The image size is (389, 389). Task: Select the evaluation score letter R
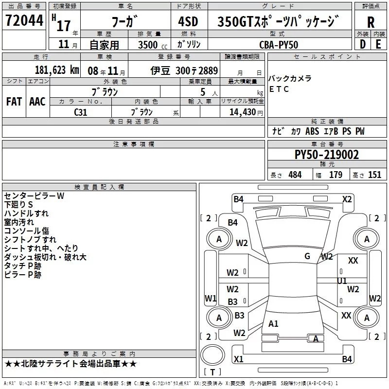[371, 22]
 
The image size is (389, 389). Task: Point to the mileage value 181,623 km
[57, 70]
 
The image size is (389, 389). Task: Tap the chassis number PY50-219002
[327, 155]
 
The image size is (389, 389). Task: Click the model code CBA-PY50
[279, 45]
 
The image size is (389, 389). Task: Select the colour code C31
[81, 111]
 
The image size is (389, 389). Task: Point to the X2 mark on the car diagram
[347, 199]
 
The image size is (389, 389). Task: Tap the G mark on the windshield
[307, 256]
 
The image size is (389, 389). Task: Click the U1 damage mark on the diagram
[342, 281]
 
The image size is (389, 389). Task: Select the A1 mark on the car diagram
[273, 323]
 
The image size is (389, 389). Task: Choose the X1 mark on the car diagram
[238, 359]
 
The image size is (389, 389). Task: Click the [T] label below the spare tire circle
[212, 372]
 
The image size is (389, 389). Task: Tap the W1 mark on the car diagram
[210, 298]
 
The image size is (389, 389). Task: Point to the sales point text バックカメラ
[290, 79]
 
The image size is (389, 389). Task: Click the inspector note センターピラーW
[34, 195]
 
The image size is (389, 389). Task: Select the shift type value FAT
[14, 101]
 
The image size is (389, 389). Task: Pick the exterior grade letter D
[362, 44]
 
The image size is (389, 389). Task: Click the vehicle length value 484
[295, 175]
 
